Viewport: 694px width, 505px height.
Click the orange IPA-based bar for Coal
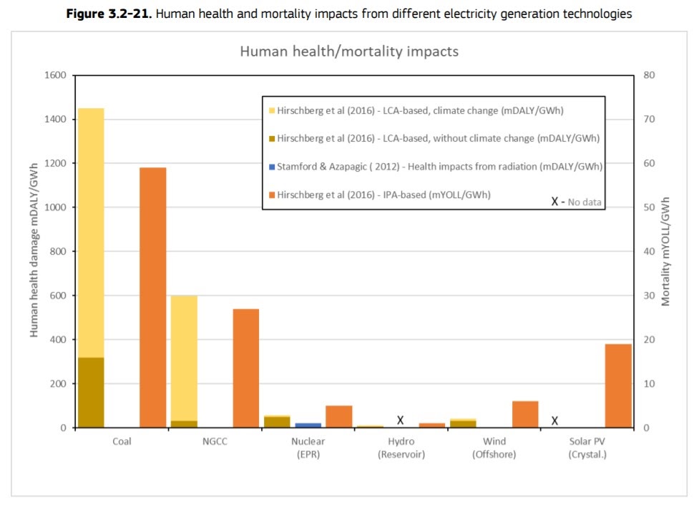tap(152, 297)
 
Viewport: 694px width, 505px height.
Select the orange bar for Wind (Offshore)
tap(525, 414)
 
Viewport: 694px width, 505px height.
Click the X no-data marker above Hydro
tap(401, 420)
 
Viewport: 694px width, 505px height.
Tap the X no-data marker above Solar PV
tap(555, 420)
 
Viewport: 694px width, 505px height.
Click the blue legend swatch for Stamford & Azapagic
tap(271, 166)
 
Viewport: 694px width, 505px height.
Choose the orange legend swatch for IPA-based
tap(271, 194)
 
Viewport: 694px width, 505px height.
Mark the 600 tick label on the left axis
tap(57, 295)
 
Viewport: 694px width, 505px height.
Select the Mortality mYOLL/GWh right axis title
tap(665, 251)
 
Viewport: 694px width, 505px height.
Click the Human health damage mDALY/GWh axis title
tap(34, 251)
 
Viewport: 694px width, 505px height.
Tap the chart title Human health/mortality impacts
tap(348, 52)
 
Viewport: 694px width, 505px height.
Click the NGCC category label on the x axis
tap(215, 441)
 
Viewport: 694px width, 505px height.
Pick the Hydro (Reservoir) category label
tap(401, 448)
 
